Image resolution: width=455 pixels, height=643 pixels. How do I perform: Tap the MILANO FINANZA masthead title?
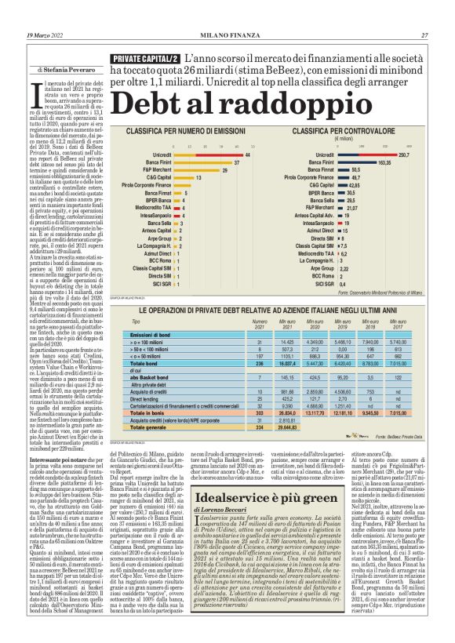227,35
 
